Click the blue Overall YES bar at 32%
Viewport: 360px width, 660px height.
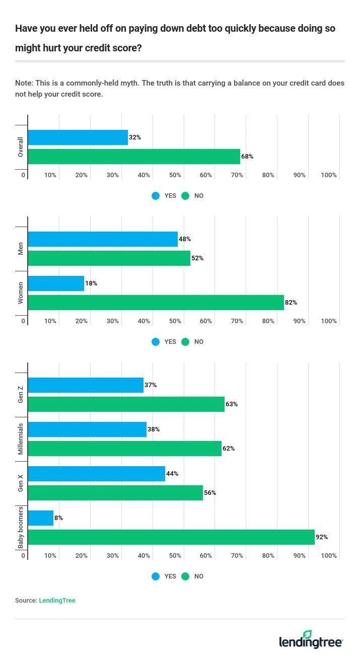78,137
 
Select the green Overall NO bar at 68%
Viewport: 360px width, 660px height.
134,157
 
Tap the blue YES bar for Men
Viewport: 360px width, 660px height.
103,239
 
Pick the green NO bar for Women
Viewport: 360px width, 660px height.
156,303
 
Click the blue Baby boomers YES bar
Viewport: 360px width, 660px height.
40,518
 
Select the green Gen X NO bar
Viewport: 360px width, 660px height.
115,493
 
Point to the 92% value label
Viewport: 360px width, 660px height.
322,537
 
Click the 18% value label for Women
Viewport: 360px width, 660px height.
91,283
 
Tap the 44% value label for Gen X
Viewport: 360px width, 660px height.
172,474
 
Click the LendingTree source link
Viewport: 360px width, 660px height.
57,601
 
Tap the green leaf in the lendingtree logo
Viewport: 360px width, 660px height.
307,635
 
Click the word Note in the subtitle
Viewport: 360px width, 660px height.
23,83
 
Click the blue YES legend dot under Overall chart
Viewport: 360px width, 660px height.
156,196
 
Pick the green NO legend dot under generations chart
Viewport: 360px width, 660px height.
185,576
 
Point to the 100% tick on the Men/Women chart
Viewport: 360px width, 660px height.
329,321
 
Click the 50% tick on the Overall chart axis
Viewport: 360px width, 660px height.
175,175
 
